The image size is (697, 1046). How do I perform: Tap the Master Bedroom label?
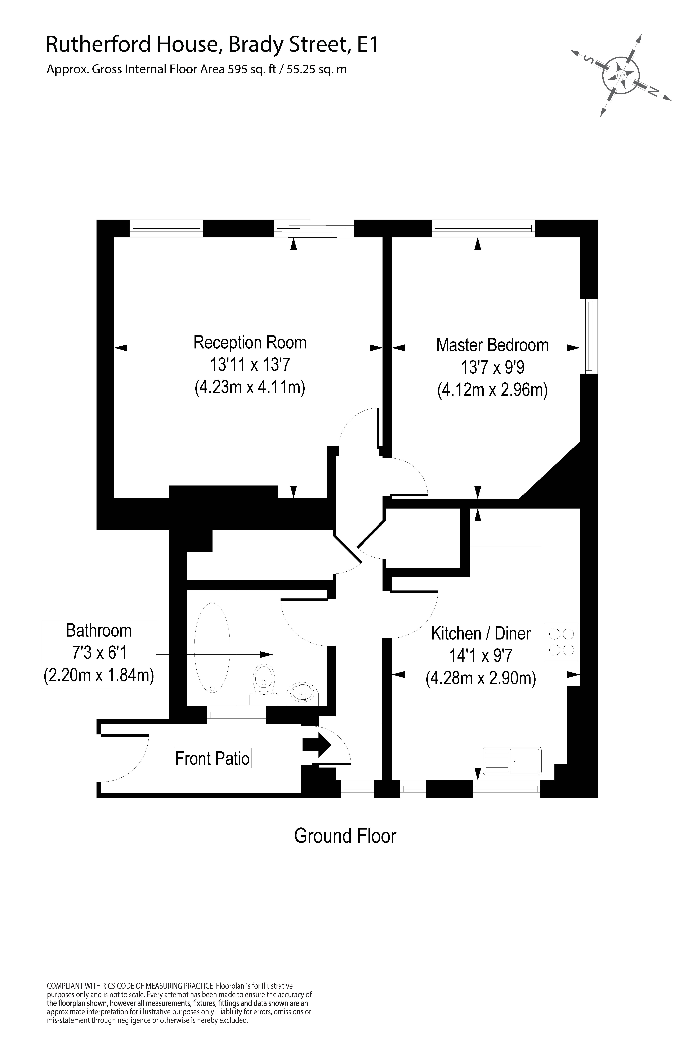point(492,345)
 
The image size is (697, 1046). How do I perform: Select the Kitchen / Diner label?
point(481,634)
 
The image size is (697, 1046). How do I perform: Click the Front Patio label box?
point(212,758)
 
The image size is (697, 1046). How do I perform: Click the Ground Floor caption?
point(345,836)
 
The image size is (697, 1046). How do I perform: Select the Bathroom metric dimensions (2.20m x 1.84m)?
point(99,676)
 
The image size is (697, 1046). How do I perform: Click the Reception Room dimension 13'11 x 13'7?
point(250,365)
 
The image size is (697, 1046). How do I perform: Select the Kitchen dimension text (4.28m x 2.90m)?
point(481,679)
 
